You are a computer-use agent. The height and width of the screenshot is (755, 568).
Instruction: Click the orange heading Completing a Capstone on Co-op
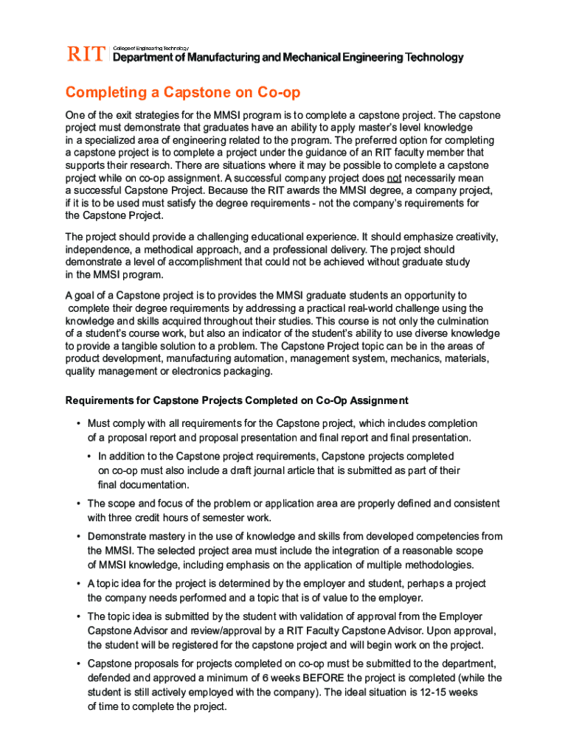tap(183, 93)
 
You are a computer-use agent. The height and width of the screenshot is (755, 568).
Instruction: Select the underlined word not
tap(395, 178)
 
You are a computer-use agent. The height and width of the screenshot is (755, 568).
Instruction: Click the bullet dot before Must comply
tap(77, 423)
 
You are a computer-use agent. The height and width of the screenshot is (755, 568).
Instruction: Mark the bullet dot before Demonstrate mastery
tap(77, 537)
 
